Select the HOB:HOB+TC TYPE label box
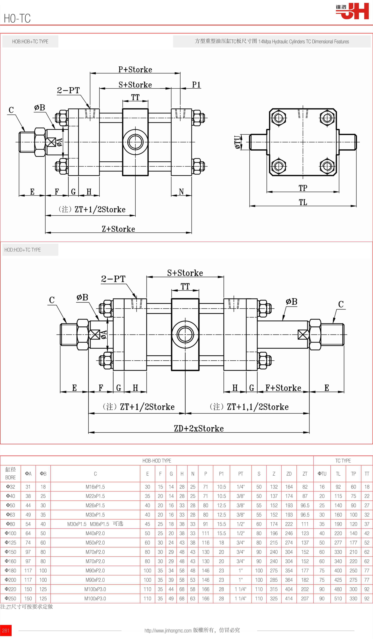(30, 42)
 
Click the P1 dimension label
(196, 85)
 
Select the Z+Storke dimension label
(118, 229)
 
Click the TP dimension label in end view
(303, 188)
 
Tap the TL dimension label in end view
(303, 202)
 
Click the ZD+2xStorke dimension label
(199, 429)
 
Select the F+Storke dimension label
(283, 388)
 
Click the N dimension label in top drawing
(181, 192)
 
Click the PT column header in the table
(241, 474)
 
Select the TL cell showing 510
(338, 598)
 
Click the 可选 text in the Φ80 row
(118, 524)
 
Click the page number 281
(6, 631)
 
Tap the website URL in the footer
(168, 631)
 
